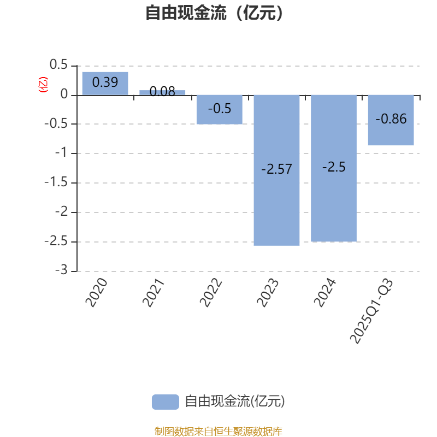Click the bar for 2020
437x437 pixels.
(105, 83)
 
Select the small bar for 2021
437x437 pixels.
(162, 92)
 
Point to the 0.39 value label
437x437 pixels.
(105, 82)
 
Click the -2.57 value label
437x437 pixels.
(276, 169)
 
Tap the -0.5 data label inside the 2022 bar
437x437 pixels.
(220, 109)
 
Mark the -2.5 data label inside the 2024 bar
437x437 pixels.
(334, 167)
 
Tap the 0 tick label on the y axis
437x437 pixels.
(65, 95)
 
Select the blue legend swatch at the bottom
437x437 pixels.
(165, 401)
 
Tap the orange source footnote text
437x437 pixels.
(218, 432)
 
